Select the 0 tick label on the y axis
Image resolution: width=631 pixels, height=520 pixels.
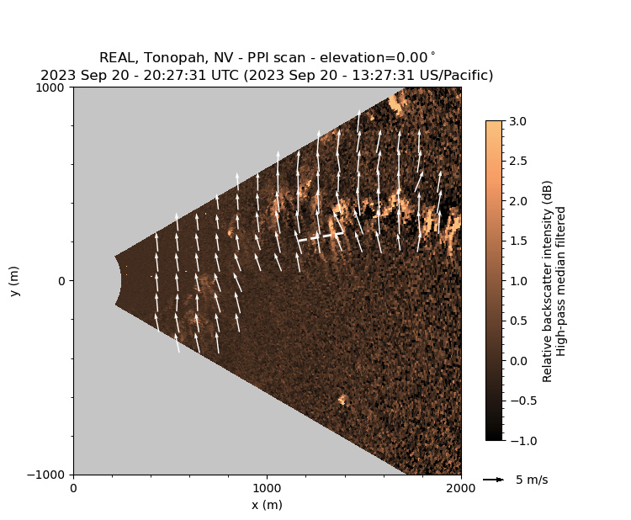tap(61, 281)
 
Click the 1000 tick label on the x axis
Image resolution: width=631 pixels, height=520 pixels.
tap(267, 488)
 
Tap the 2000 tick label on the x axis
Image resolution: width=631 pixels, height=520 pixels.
tap(460, 488)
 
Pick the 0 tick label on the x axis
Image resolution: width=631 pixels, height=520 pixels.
tap(73, 488)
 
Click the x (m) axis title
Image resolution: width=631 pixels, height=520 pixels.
tap(267, 505)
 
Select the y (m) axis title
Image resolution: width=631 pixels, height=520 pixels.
tap(14, 281)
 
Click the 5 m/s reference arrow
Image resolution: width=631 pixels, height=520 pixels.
tap(493, 480)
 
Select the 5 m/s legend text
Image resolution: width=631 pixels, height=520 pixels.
tap(531, 480)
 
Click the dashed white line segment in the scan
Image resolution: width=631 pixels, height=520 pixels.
tap(320, 237)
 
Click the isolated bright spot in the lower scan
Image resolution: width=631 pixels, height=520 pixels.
tap(342, 400)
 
